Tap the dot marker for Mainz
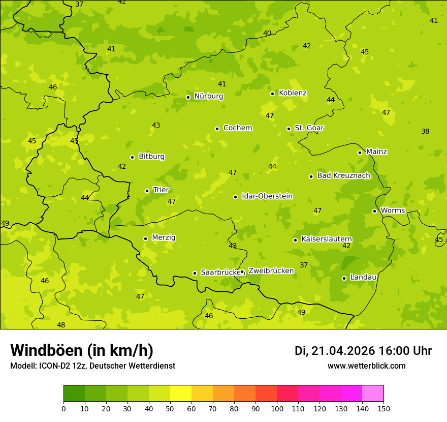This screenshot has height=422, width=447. click(x=360, y=153)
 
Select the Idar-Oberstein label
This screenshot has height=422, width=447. click(x=267, y=196)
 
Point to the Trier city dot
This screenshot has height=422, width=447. click(x=147, y=191)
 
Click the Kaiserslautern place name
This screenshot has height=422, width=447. click(x=327, y=239)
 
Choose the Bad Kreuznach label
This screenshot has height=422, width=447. click(x=343, y=175)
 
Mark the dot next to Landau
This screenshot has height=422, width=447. click(x=344, y=278)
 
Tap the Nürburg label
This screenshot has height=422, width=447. click(x=209, y=96)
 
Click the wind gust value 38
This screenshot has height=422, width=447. click(x=425, y=131)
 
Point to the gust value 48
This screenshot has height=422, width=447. click(x=61, y=325)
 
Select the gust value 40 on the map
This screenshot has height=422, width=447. click(x=267, y=33)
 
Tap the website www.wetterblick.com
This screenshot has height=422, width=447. click(x=366, y=366)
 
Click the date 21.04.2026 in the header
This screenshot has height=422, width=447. click(x=343, y=351)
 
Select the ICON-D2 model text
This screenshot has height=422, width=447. click(x=56, y=366)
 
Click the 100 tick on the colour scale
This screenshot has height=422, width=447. click(x=277, y=408)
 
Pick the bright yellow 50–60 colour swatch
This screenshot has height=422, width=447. click(x=181, y=394)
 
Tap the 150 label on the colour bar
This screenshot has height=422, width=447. click(x=384, y=408)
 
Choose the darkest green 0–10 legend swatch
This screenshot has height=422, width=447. click(x=74, y=394)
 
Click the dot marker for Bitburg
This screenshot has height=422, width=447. click(x=132, y=157)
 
